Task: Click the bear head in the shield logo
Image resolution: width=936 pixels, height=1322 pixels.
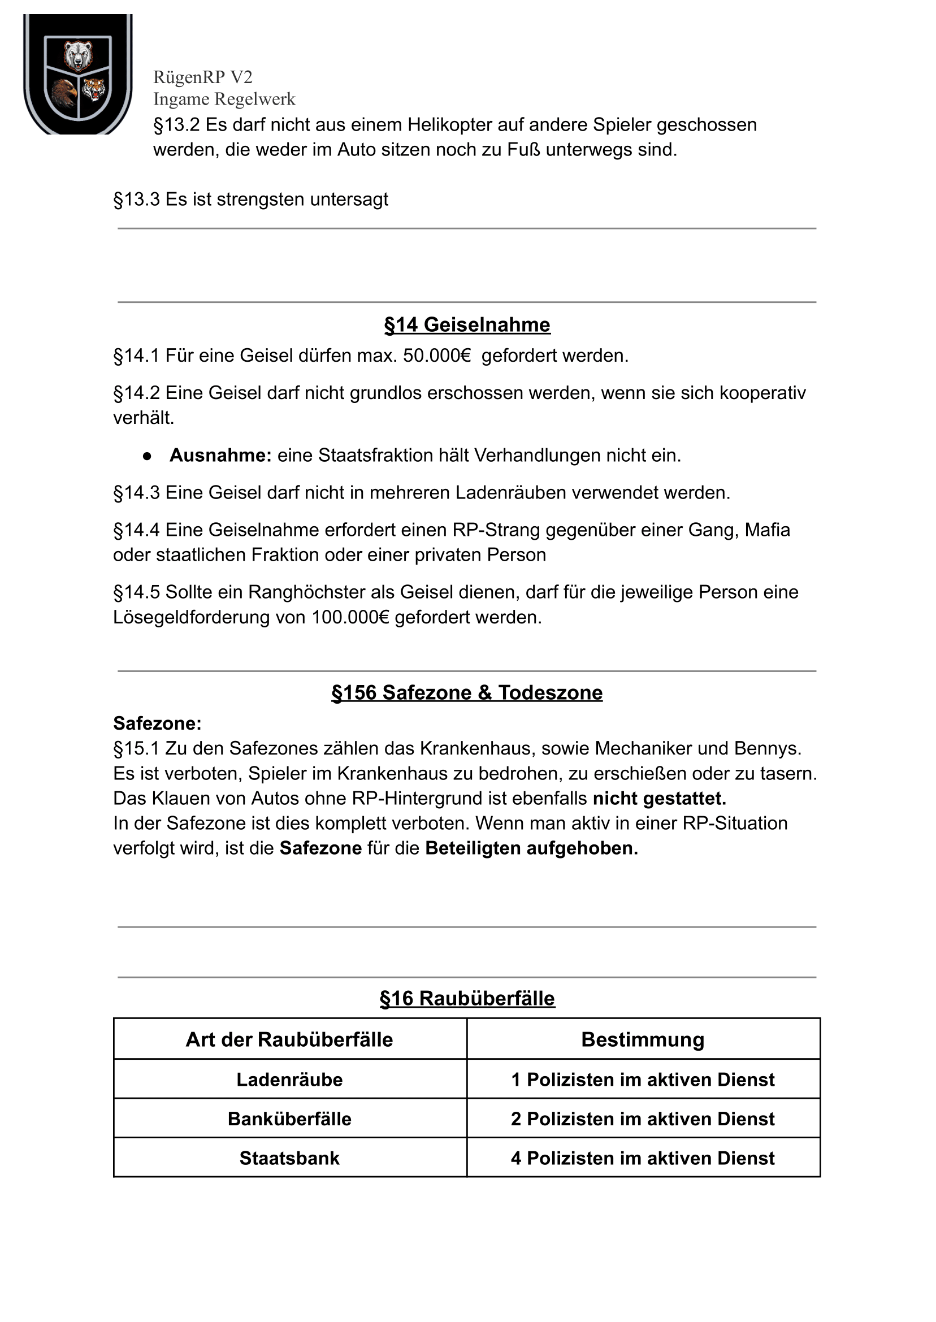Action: [78, 55]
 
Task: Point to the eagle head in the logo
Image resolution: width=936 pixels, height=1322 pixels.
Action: [64, 92]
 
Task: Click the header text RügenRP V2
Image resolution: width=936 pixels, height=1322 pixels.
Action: [202, 77]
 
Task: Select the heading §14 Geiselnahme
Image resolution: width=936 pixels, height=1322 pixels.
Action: [467, 325]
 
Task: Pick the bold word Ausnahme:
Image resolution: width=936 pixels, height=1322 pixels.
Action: [220, 455]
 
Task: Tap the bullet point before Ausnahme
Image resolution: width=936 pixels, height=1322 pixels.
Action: [147, 456]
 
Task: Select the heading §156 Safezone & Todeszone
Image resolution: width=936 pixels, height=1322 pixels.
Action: [467, 693]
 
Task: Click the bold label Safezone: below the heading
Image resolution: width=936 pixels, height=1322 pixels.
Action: [157, 723]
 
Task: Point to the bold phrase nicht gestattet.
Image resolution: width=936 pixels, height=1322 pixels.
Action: [660, 798]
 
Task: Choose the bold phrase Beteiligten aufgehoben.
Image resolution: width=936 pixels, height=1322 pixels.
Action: [531, 848]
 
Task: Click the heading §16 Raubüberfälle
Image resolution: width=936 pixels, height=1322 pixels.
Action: [467, 998]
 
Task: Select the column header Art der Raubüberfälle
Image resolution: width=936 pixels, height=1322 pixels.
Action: [289, 1039]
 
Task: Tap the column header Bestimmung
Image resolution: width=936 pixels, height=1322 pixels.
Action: [643, 1039]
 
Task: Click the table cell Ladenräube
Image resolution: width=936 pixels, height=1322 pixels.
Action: [289, 1080]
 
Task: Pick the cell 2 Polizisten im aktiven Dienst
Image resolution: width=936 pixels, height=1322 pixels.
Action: [643, 1119]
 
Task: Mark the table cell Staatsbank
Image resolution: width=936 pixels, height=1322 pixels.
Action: [289, 1158]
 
